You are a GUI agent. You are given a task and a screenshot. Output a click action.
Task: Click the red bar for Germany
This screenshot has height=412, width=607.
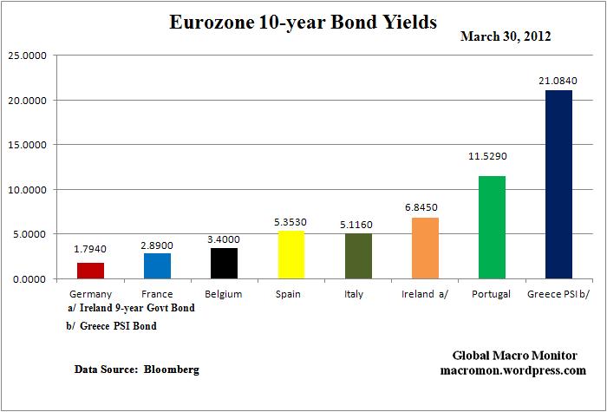90,271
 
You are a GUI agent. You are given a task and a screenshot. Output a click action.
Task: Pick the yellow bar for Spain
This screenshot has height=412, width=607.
290,255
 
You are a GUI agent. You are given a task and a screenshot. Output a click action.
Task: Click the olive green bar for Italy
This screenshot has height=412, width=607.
358,256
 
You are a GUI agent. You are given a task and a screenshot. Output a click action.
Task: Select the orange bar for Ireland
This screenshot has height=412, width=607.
425,248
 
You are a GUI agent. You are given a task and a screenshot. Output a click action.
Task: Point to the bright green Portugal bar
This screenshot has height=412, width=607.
492,227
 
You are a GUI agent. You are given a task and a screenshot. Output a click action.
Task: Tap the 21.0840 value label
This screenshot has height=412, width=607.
558,81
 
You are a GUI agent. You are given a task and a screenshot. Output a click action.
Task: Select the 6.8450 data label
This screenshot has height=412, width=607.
425,207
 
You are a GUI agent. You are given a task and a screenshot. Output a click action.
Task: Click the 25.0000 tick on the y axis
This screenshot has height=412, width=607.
28,56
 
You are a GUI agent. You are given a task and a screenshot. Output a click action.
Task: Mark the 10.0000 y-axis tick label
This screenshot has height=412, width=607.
28,189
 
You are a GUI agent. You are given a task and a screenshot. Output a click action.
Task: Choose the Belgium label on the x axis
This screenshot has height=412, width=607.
224,294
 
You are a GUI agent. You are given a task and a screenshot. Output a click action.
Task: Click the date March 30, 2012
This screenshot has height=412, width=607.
506,37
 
